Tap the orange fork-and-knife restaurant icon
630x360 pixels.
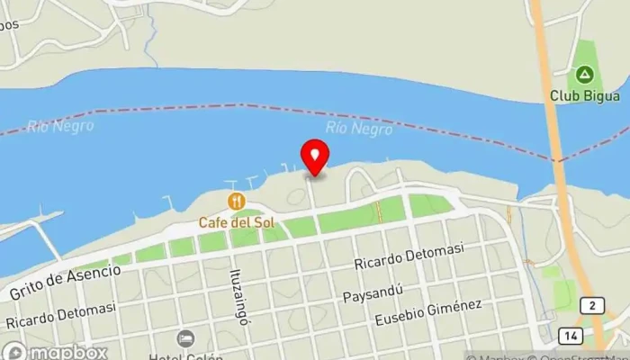pyautogui.click(x=237, y=200)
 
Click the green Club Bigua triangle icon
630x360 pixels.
pyautogui.click(x=585, y=74)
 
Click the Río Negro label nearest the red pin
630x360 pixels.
pyautogui.click(x=358, y=129)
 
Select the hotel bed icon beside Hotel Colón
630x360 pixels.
pyautogui.click(x=185, y=338)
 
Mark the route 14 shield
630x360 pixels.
pyautogui.click(x=571, y=335)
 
